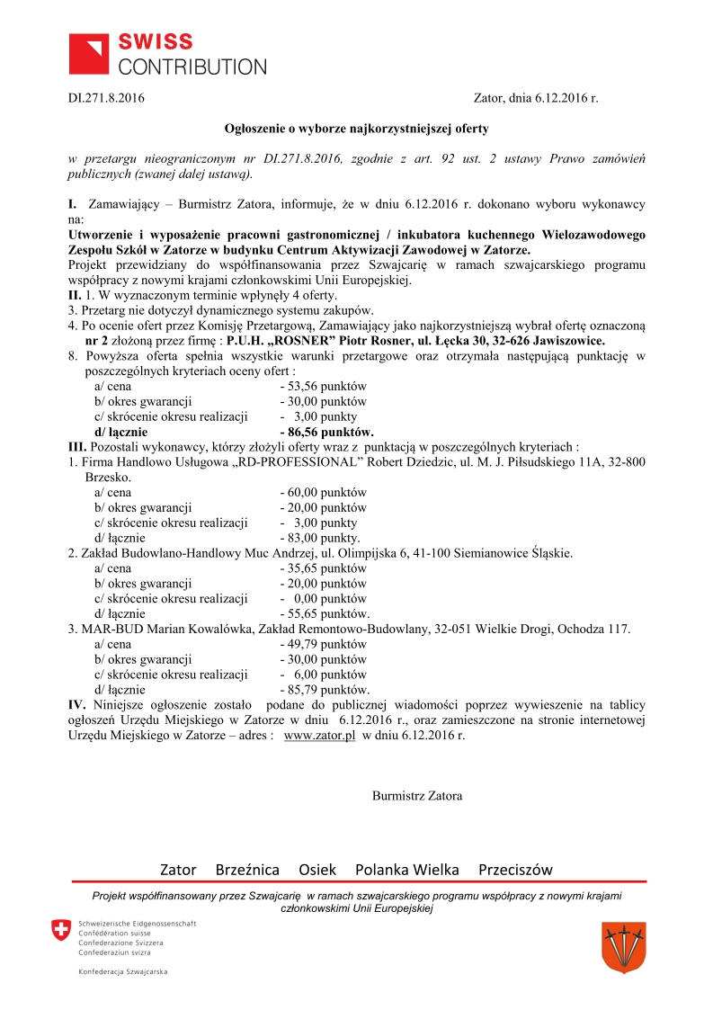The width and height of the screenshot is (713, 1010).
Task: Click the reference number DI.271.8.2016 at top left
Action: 107,98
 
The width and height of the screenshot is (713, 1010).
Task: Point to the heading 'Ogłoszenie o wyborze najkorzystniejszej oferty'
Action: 356,129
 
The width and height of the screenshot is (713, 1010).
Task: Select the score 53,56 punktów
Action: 324,387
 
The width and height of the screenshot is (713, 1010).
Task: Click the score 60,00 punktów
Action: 324,493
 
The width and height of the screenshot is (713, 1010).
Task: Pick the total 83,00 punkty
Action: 321,538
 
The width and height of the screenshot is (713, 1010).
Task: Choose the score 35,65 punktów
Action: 324,568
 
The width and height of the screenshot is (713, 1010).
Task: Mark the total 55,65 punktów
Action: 324,614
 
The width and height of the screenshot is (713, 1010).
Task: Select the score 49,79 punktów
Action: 324,644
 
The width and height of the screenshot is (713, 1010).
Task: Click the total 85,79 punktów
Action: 324,690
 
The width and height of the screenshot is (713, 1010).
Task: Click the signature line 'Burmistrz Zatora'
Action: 417,796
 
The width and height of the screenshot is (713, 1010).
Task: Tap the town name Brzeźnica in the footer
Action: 247,870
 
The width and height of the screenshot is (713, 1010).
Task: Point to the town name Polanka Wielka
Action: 407,870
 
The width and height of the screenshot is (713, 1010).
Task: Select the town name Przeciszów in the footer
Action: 515,870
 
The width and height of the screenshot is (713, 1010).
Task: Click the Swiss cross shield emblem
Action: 61,931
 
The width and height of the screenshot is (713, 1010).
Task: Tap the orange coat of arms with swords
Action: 623,946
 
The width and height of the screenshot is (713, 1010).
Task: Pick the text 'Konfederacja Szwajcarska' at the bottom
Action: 122,971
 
